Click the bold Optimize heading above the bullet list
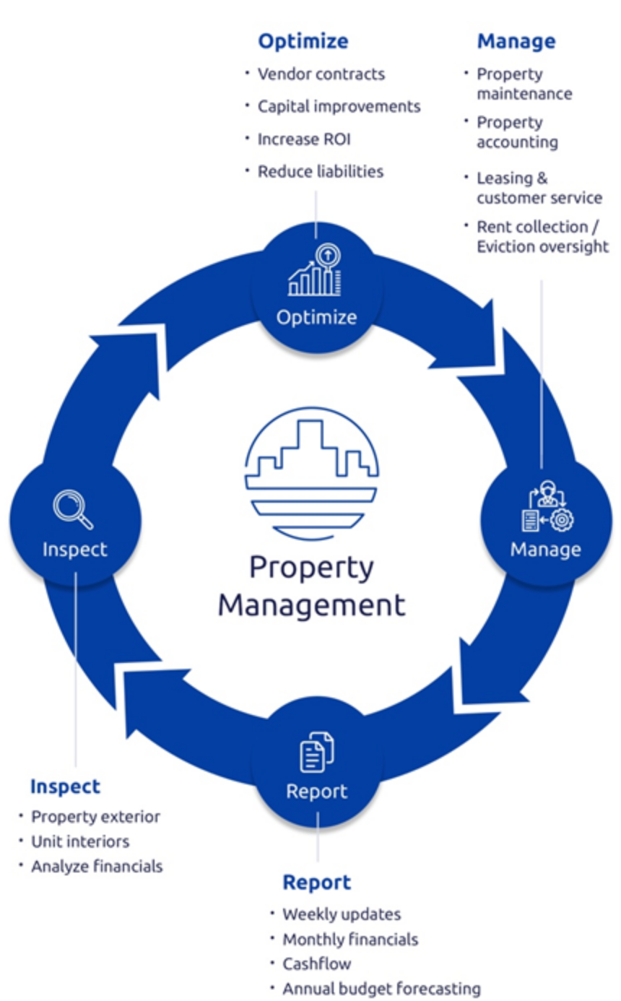tap(303, 42)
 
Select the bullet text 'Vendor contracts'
tap(321, 74)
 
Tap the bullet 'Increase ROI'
tap(304, 139)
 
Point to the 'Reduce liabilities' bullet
tap(321, 172)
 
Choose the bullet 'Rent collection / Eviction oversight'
tap(543, 237)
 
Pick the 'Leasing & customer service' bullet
tap(539, 188)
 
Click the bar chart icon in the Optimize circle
tap(315, 269)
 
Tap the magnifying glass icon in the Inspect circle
tap(73, 509)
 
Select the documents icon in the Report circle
tap(317, 752)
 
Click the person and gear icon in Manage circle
tap(548, 506)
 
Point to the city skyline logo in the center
tap(312, 473)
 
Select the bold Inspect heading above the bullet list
tap(65, 787)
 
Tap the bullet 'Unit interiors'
tap(80, 842)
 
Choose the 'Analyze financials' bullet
tap(97, 867)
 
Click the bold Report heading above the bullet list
tap(317, 883)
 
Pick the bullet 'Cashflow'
tap(317, 964)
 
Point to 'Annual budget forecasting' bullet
tap(382, 989)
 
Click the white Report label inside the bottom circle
tap(317, 792)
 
